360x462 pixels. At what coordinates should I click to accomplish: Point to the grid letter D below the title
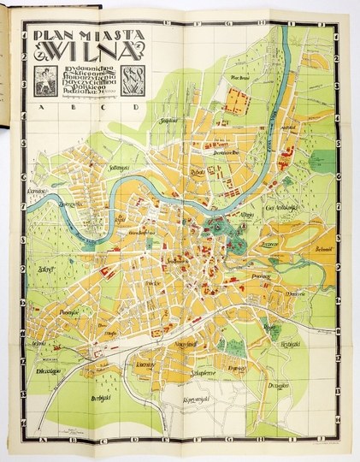click(x=136, y=109)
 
